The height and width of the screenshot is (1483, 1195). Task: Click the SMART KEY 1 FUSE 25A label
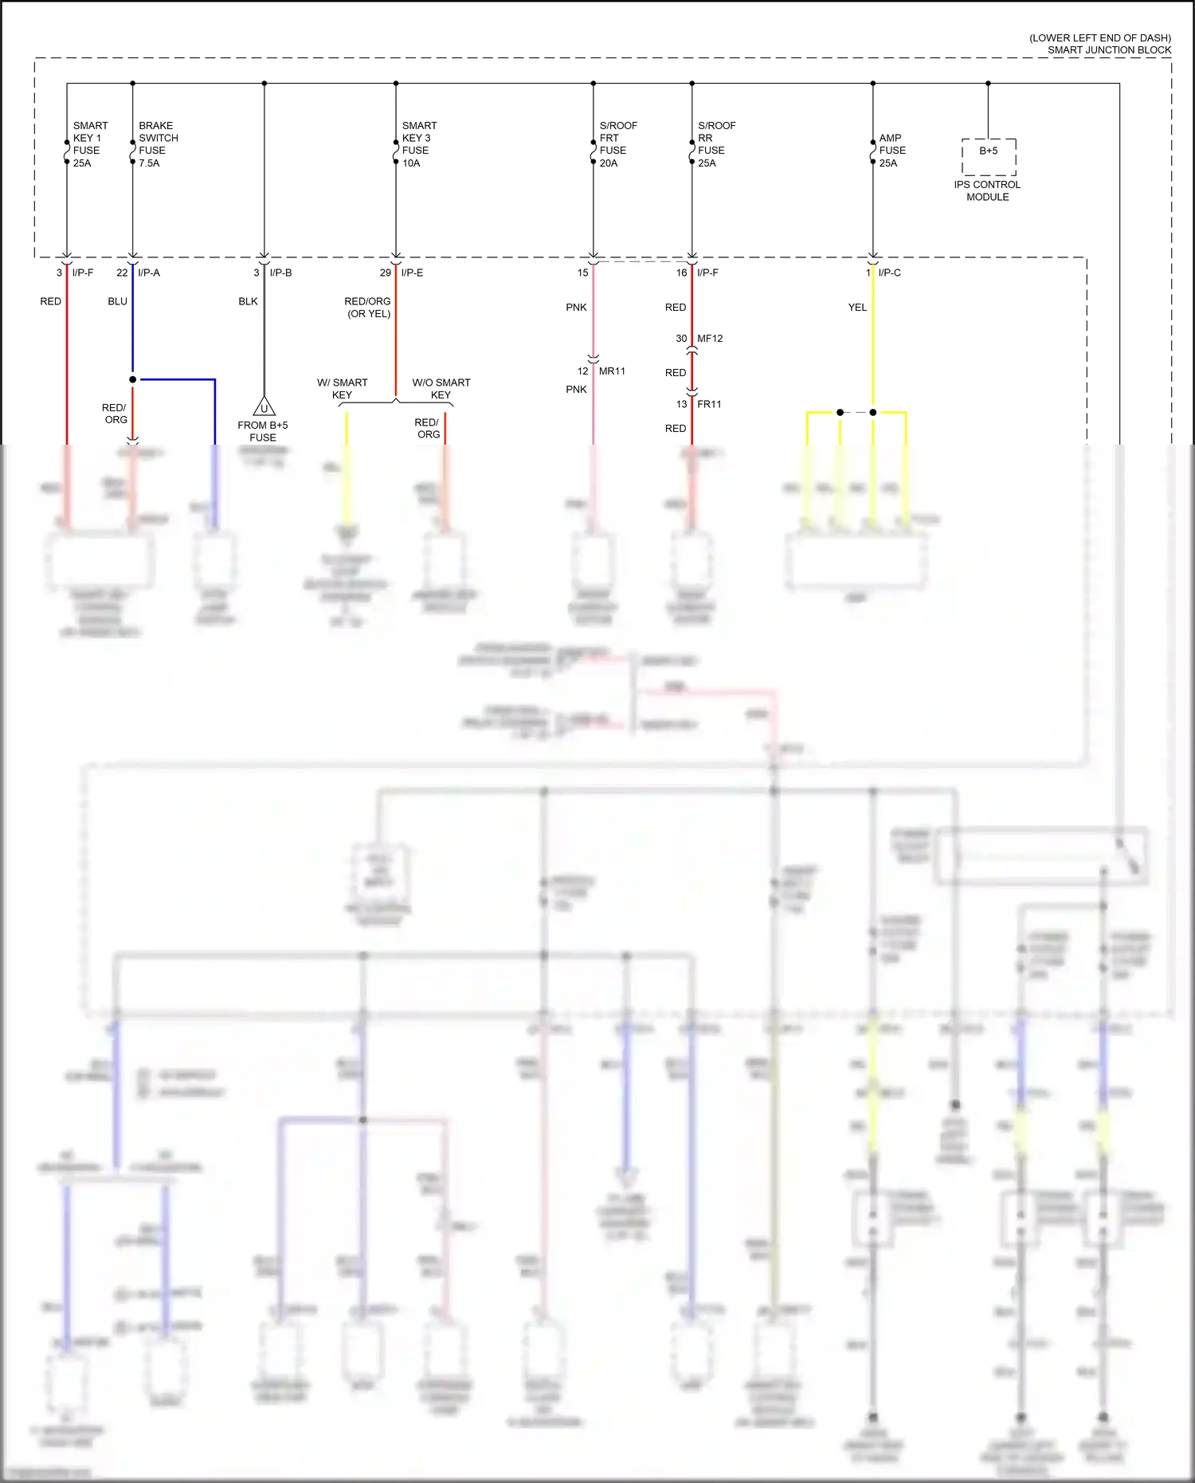tap(89, 144)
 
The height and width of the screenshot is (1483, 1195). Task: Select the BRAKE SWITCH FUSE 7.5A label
tap(158, 144)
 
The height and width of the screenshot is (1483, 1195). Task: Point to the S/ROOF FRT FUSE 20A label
tap(617, 144)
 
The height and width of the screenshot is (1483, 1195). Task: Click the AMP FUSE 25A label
tap(891, 151)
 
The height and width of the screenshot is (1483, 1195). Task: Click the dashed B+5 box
tap(988, 156)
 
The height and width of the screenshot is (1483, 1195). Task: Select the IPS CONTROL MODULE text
tap(987, 190)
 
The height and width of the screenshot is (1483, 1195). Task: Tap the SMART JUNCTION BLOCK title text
tap(1108, 50)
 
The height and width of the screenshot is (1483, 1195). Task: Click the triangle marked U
tap(264, 408)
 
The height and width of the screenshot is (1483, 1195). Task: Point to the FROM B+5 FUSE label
tap(262, 431)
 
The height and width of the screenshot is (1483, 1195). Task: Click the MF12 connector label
tap(710, 339)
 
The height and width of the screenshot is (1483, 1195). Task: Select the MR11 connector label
tap(612, 371)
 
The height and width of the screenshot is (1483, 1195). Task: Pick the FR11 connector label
tap(709, 404)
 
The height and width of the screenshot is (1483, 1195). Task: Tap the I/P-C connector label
tap(889, 273)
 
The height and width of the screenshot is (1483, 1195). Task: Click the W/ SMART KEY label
tap(342, 388)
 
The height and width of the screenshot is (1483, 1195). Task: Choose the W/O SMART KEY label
tap(441, 388)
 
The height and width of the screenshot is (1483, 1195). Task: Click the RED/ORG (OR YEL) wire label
tap(367, 307)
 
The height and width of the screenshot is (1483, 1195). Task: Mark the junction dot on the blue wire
tap(132, 379)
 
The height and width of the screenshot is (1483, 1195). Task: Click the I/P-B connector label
tap(280, 273)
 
